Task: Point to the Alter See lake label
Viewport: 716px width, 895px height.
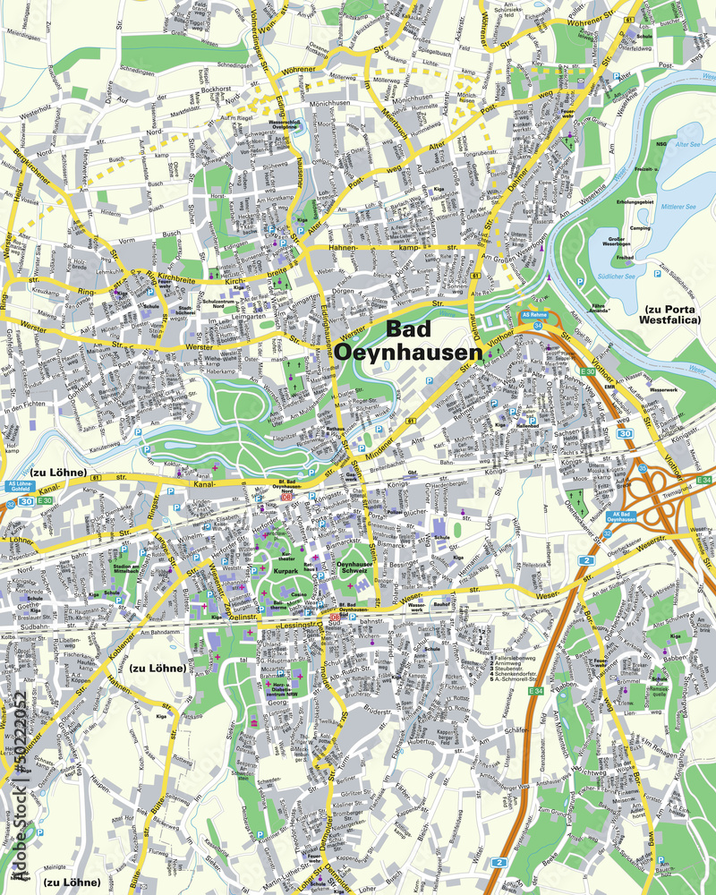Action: pos(687,143)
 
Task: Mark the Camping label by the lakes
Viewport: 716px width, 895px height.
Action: pos(640,228)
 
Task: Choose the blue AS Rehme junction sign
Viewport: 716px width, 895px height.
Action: pos(536,314)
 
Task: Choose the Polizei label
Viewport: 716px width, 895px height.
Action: pos(395,512)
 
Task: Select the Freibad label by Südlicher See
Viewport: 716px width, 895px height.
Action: pos(625,258)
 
